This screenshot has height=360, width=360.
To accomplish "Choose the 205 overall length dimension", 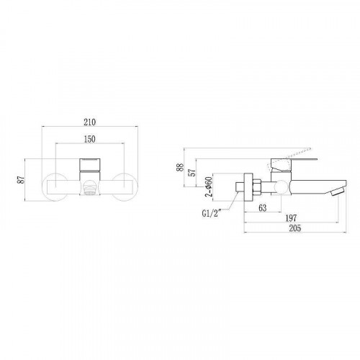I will (x=294, y=229).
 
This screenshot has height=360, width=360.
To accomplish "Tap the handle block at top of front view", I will (x=90, y=163).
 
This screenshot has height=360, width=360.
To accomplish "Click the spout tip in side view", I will (x=338, y=192).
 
